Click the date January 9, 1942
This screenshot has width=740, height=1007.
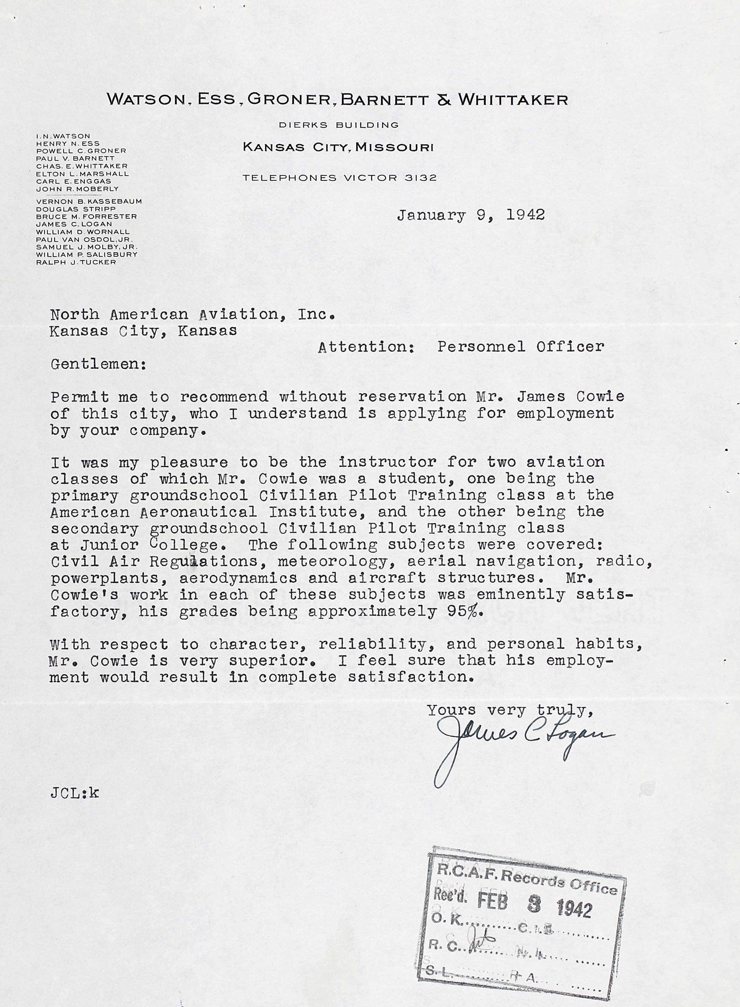[x=470, y=215]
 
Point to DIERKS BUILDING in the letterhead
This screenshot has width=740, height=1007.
[x=339, y=125]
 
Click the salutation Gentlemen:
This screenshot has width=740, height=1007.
[x=98, y=364]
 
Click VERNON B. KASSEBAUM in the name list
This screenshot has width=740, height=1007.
[x=89, y=202]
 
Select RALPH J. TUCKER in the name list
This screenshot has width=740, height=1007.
[x=76, y=262]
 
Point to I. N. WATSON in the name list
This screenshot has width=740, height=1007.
[x=63, y=136]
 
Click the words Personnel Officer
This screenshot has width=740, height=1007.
[x=521, y=347]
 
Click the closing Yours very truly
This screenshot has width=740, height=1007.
[x=507, y=710]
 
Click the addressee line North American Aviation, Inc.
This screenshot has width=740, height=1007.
[x=193, y=314]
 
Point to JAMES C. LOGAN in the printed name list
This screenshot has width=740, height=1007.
[x=74, y=224]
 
